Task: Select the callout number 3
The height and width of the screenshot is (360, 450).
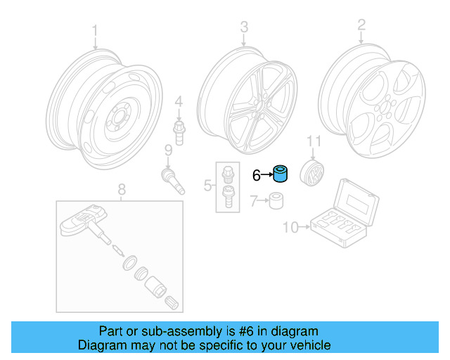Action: click(244, 27)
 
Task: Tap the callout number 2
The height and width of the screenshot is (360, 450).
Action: click(361, 26)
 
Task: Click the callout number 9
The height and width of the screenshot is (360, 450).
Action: click(168, 150)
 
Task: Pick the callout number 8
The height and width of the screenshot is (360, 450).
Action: click(121, 188)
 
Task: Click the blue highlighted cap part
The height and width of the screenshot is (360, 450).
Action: click(281, 173)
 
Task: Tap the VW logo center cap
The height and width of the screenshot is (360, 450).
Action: click(312, 173)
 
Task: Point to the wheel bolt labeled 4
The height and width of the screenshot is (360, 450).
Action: click(179, 131)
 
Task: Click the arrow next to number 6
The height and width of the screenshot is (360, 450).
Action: click(267, 174)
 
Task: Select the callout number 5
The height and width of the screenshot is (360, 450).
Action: click(207, 186)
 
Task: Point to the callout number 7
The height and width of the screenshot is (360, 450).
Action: click(255, 202)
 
